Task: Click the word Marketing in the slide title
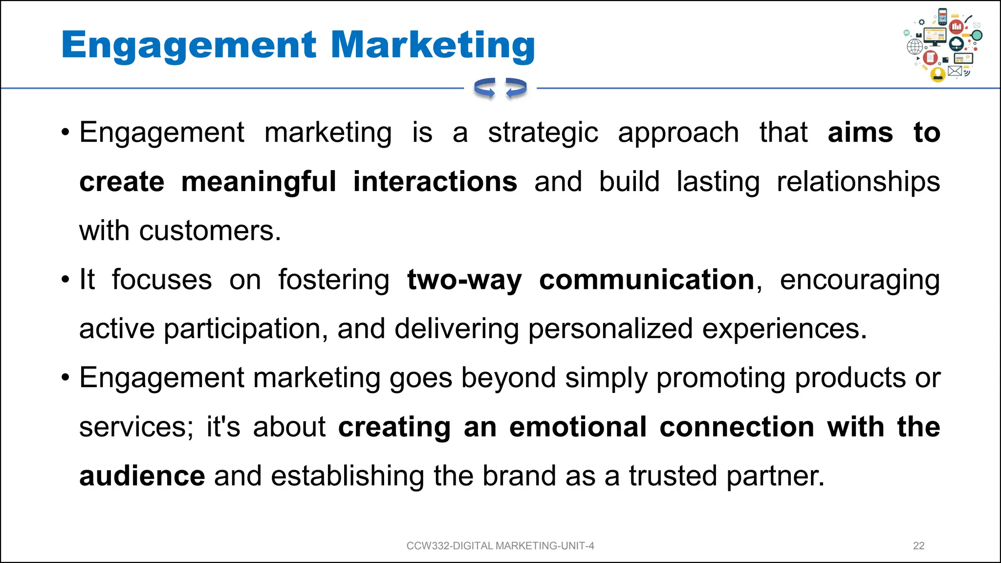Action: tap(433, 45)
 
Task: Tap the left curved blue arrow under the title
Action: tap(485, 88)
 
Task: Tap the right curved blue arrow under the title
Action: tap(516, 88)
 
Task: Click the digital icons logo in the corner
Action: tap(943, 45)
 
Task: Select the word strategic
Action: tap(543, 133)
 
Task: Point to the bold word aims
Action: tap(860, 133)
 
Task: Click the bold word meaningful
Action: tap(259, 182)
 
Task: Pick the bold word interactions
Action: tap(435, 182)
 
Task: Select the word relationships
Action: tap(858, 182)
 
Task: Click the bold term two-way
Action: tap(464, 280)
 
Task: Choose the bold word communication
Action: tap(647, 280)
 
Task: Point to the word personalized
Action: tap(610, 329)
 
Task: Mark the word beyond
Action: tap(508, 378)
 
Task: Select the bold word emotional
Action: tap(578, 427)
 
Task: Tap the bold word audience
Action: tap(142, 476)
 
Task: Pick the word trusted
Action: tap(673, 476)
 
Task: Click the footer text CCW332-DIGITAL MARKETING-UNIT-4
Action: tap(500, 546)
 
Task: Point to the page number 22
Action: tap(918, 546)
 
